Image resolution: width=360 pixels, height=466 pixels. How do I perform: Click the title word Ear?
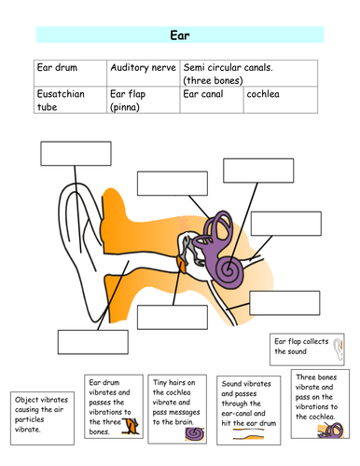coord(180,35)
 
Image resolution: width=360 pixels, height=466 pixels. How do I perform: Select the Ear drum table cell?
coord(71,74)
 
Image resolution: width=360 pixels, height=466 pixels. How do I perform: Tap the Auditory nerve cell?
coord(143,74)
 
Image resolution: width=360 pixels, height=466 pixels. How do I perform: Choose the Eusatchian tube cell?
coord(71,101)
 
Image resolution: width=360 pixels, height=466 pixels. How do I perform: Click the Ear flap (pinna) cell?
coord(143,101)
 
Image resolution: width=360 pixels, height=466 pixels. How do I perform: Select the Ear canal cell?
coord(212,101)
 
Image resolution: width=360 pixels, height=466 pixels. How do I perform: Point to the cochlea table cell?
coord(280,101)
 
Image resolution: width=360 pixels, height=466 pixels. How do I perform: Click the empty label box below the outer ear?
coord(91,341)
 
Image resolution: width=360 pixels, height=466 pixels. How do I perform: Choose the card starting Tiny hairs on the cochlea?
coord(177,411)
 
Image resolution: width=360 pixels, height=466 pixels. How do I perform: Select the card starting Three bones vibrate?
coord(318,404)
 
